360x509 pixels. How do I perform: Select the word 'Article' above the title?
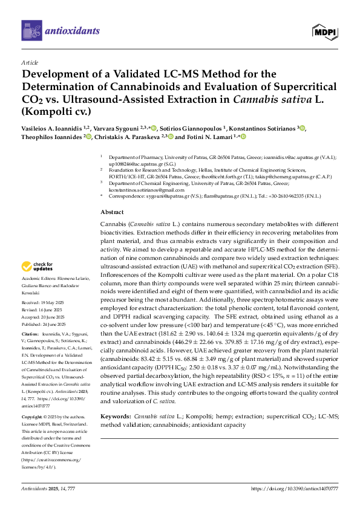[30, 62]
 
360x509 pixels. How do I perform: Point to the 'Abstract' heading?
[112, 213]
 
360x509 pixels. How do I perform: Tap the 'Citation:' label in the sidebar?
[30, 334]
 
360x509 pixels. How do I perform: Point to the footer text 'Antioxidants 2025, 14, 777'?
[48, 488]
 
